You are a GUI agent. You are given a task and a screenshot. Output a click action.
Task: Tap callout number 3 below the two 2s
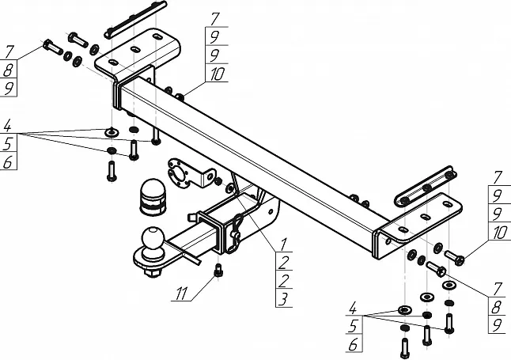click(282, 297)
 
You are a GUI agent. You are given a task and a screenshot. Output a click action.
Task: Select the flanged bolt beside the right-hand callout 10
click(456, 256)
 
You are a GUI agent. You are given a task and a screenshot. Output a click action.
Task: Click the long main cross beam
click(261, 150)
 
